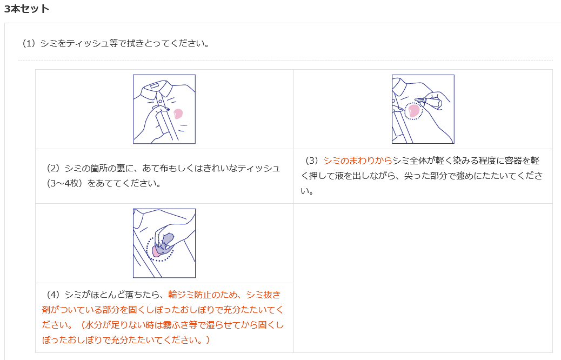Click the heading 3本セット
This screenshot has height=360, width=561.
[x=26, y=9]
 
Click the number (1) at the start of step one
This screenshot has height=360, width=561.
[x=29, y=43]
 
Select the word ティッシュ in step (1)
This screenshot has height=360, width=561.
[x=88, y=43]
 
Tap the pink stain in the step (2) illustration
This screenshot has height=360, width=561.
[x=178, y=114]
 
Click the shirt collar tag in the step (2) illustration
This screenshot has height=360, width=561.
[x=155, y=86]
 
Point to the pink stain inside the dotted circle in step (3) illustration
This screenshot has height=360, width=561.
[x=413, y=111]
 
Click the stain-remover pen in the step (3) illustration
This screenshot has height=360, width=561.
[x=429, y=102]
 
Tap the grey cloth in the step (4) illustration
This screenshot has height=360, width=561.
[x=166, y=243]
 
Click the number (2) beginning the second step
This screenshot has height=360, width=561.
[x=54, y=168]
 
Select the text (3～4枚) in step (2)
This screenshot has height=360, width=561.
[x=65, y=183]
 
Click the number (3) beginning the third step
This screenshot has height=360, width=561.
[x=312, y=161]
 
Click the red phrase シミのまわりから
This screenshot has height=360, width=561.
[x=357, y=161]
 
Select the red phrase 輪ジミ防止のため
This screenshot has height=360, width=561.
[x=203, y=295]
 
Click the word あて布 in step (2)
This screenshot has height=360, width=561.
[x=155, y=168]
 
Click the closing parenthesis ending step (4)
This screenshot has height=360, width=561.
[x=208, y=339]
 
